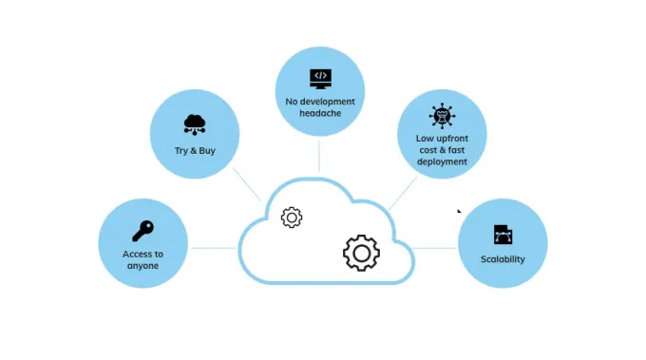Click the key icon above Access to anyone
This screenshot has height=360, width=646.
(142, 231)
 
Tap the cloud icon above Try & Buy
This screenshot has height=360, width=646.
(195, 124)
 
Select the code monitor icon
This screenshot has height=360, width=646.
(320, 79)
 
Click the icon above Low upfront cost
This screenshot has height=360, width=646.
(442, 116)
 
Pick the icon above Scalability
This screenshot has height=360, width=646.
(503, 235)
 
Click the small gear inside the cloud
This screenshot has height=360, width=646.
(292, 218)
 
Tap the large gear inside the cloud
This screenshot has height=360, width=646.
(361, 253)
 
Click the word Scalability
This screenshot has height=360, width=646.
(503, 259)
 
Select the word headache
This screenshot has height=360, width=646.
(320, 113)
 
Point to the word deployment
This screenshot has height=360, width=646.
(442, 161)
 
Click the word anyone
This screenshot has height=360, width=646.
(142, 266)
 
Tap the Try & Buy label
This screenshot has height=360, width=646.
(195, 151)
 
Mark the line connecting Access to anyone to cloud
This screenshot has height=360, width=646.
(214, 248)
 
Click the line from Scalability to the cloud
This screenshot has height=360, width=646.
(434, 248)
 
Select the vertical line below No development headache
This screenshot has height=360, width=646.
(319, 156)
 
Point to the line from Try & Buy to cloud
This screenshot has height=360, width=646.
(247, 184)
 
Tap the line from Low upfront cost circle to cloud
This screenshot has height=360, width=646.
(403, 194)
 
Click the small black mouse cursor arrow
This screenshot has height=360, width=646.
(459, 211)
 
